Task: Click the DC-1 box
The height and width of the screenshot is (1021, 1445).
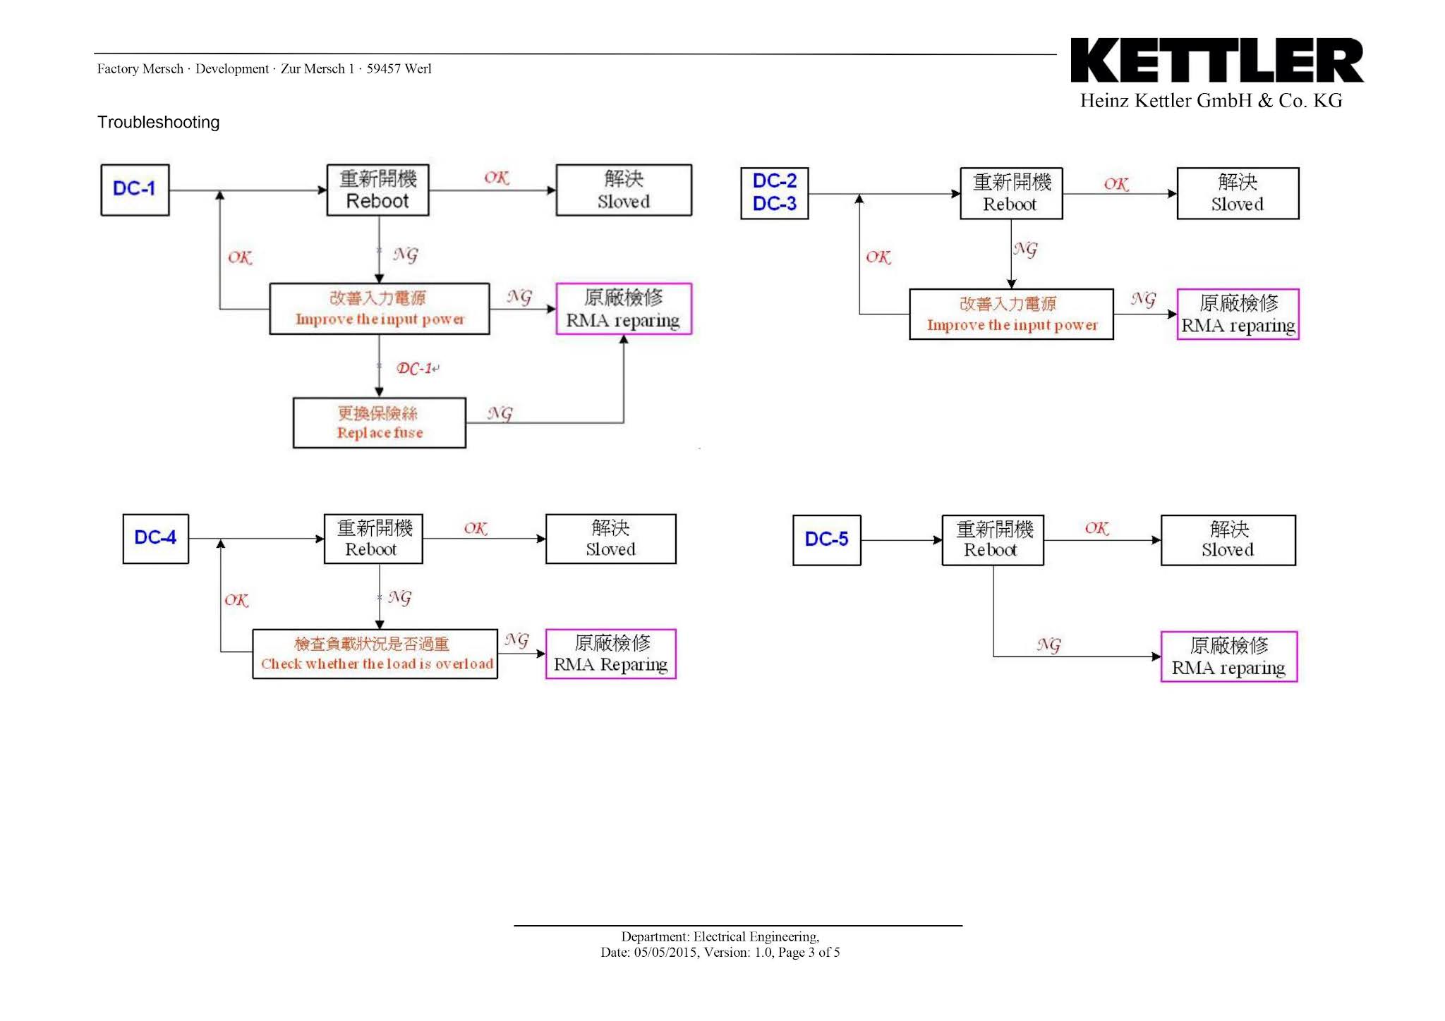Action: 135,190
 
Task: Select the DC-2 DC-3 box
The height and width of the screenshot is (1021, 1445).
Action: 774,193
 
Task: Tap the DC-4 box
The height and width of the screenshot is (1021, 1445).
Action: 155,539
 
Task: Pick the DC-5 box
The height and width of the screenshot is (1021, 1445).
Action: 826,540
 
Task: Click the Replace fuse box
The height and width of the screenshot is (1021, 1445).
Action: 380,423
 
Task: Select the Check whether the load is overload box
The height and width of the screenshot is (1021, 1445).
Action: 375,654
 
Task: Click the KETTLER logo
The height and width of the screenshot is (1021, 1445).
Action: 1216,61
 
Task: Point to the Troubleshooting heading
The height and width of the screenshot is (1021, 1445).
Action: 158,123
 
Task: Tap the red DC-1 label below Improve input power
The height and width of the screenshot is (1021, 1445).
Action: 416,369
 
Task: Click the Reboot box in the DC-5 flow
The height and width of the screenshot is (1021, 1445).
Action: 993,540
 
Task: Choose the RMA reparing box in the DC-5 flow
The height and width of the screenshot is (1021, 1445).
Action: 1228,656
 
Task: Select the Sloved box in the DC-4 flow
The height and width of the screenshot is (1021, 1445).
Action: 610,539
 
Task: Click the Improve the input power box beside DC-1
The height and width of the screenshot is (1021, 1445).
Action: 380,309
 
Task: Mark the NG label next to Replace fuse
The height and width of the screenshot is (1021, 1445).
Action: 500,413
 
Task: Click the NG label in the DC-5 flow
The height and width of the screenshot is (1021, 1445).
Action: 1048,644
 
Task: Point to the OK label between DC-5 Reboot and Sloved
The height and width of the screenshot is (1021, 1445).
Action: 1096,528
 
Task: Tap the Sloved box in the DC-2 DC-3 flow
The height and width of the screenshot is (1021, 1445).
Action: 1237,193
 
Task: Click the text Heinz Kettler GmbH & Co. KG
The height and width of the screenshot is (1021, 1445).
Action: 1211,101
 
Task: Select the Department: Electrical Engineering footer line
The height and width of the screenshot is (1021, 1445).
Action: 720,936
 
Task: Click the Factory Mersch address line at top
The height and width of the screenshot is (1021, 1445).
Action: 264,69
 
